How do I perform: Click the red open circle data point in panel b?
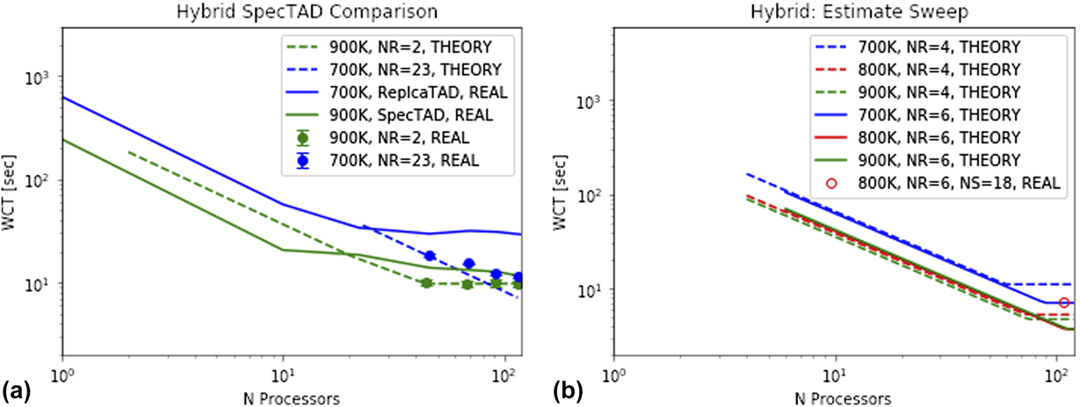[1064, 303]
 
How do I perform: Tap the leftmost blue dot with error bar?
[430, 256]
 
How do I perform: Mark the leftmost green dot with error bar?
[426, 283]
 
